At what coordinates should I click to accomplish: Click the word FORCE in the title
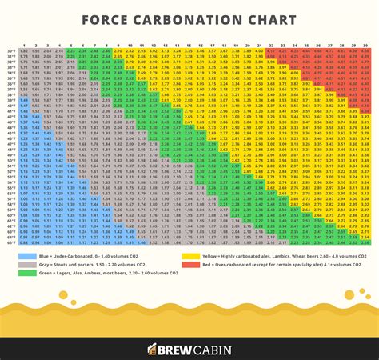(x=116, y=19)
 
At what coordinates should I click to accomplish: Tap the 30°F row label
(x=10, y=50)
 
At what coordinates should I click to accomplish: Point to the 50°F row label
(x=10, y=158)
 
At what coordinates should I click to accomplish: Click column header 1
(x=24, y=45)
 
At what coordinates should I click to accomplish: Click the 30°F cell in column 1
(x=24, y=50)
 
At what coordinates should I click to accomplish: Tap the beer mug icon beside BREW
(x=152, y=349)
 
